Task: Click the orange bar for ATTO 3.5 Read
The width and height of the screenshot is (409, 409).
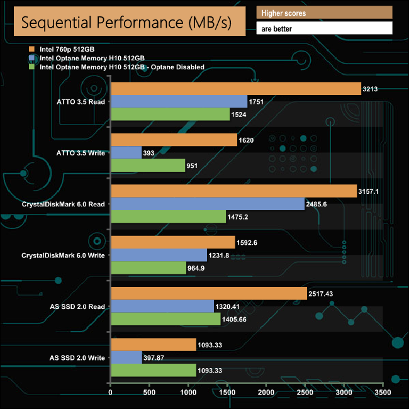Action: pyautogui.click(x=235, y=89)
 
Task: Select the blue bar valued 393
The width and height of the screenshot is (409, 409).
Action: pyautogui.click(x=126, y=152)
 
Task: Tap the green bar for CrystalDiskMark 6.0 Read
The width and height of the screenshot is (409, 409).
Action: pyautogui.click(x=168, y=216)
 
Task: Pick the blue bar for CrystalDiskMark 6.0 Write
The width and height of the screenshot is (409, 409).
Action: pyautogui.click(x=159, y=255)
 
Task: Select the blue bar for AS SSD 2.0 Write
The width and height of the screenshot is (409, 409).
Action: pyautogui.click(x=126, y=357)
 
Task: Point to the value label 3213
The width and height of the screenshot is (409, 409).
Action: pyautogui.click(x=370, y=89)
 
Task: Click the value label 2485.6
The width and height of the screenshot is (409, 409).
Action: pyautogui.click(x=320, y=204)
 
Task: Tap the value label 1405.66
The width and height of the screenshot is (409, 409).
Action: pyautogui.click(x=238, y=320)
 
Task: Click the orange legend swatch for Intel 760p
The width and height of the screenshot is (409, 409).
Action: pyautogui.click(x=32, y=48)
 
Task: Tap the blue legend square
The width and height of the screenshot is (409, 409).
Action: pyautogui.click(x=32, y=57)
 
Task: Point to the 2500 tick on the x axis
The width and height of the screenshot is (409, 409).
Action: pyautogui.click(x=305, y=393)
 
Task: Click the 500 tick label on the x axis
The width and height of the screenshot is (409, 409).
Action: pyautogui.click(x=150, y=393)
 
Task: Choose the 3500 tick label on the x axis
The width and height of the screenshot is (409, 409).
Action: pyautogui.click(x=383, y=393)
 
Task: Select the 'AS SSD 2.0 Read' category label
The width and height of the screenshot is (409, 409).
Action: pyautogui.click(x=77, y=306)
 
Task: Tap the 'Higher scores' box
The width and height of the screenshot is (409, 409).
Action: pyautogui.click(x=324, y=13)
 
